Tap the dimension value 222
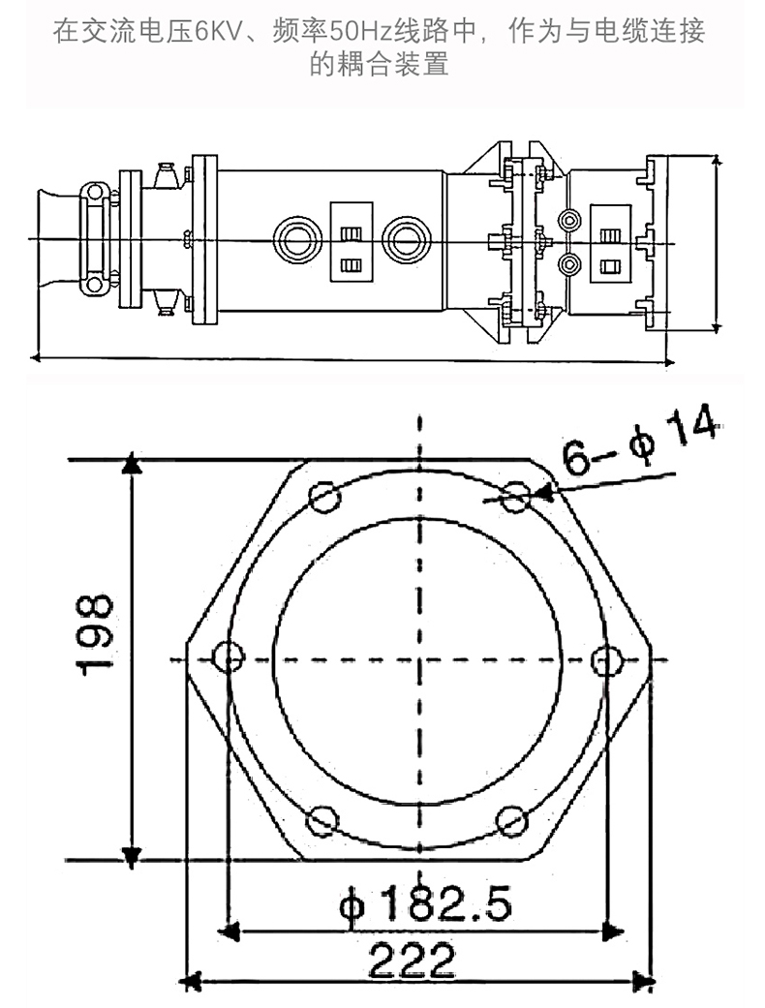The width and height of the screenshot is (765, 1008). tap(411, 962)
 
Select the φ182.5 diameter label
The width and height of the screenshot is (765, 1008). tap(425, 906)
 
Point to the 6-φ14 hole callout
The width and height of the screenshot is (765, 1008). tap(640, 441)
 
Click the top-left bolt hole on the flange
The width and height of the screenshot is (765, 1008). tap(324, 498)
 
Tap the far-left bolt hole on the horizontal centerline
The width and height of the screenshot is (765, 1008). tap(228, 658)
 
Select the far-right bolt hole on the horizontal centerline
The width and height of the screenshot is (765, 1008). tap(607, 659)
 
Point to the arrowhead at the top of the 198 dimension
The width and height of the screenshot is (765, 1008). tap(133, 465)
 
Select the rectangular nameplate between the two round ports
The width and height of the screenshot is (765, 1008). tap(351, 241)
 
